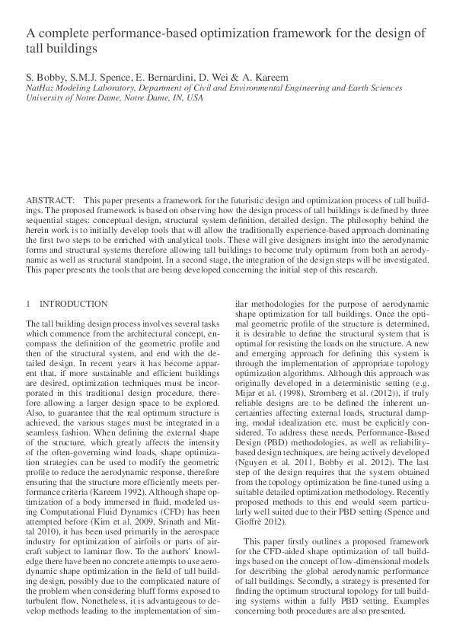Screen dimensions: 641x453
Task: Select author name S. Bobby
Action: point(43,77)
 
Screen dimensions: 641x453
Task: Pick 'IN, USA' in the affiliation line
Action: point(186,98)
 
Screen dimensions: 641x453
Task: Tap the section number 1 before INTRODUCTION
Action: point(28,303)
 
